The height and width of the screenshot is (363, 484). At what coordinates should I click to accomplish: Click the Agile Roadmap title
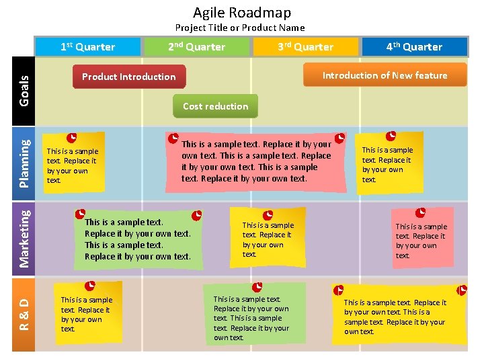pos(242,12)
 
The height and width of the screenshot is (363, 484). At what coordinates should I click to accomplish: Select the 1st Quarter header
pos(88,47)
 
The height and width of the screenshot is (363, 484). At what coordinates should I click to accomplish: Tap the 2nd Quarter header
pos(196,47)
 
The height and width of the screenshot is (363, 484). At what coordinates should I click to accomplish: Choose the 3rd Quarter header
pos(306,47)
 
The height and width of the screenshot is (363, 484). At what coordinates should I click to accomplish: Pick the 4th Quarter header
pos(414,47)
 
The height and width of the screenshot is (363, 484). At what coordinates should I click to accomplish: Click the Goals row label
pos(24,90)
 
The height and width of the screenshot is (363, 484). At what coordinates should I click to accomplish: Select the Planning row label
pos(24,162)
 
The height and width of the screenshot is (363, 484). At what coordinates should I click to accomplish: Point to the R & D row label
pos(24,314)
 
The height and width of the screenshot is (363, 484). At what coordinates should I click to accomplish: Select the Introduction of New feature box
pos(385,75)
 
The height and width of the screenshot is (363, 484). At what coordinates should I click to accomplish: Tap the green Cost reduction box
pos(215,106)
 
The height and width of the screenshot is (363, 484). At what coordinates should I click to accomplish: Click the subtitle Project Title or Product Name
pos(240,28)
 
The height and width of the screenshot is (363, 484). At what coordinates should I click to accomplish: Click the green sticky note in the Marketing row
pos(138,239)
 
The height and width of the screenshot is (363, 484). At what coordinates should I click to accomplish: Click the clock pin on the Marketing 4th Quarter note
pos(421,212)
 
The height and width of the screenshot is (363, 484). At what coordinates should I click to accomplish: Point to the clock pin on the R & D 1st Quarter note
pos(90,286)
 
